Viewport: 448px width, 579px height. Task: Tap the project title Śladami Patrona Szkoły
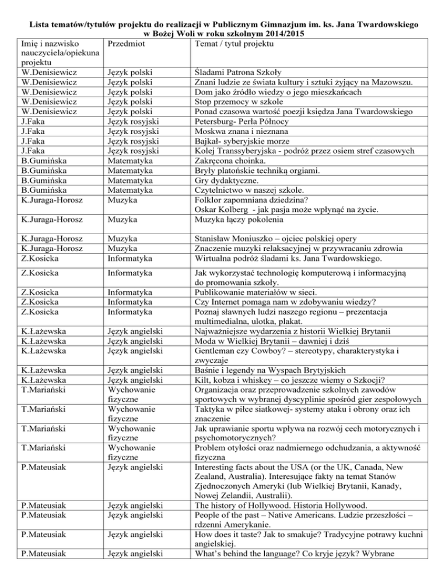237,73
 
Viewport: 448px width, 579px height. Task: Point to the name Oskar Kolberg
221,209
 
